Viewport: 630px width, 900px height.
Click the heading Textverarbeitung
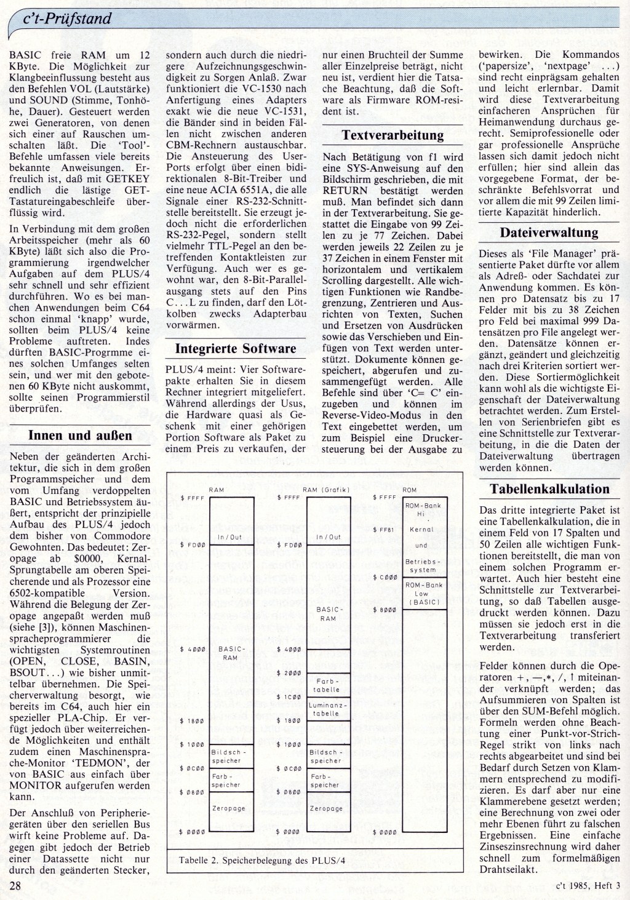(x=393, y=134)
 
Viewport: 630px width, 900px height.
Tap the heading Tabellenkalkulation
(x=549, y=489)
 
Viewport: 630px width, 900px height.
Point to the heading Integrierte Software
(x=236, y=348)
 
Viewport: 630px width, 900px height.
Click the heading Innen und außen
(x=81, y=436)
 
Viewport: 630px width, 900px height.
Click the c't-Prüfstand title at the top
(x=66, y=18)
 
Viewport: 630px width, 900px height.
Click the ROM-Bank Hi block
(x=425, y=509)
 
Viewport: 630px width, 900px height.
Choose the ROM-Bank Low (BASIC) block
(x=425, y=594)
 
